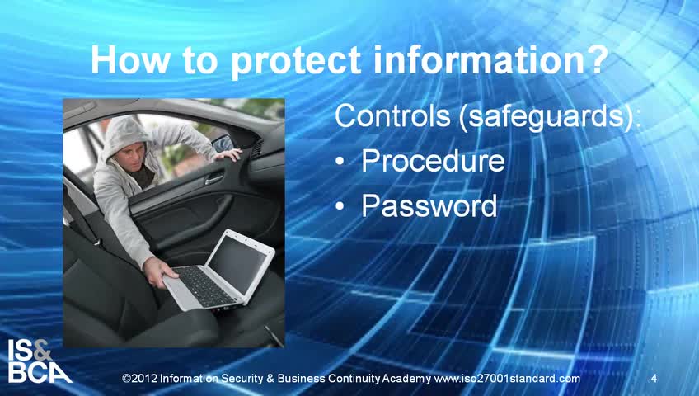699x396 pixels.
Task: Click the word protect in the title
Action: coord(296,61)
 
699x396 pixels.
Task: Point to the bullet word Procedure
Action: coord(433,161)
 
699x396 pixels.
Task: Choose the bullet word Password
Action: coord(429,205)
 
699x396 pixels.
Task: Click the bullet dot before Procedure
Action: coord(340,161)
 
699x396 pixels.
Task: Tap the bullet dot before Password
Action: coord(340,205)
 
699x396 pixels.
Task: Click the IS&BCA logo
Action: coord(39,361)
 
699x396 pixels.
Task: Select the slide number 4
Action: coord(654,379)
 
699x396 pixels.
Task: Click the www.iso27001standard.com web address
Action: coord(507,379)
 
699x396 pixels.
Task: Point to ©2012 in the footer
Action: coord(139,379)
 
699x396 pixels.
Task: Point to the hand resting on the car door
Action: coord(228,155)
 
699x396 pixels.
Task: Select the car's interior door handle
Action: coord(214,179)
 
